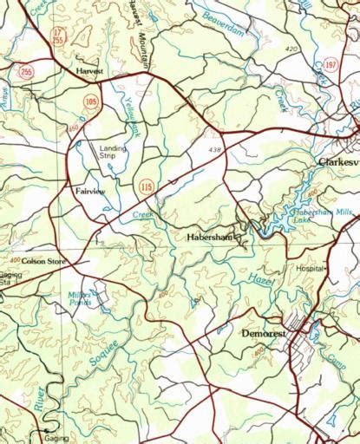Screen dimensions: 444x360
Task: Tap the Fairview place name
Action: pyautogui.click(x=90, y=188)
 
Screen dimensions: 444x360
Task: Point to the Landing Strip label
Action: pyautogui.click(x=113, y=152)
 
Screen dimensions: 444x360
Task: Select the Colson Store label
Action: pyautogui.click(x=40, y=260)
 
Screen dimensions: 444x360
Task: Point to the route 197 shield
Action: pyautogui.click(x=331, y=64)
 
